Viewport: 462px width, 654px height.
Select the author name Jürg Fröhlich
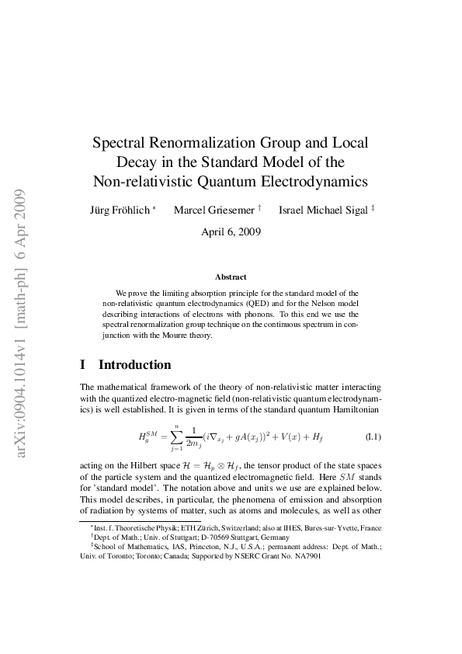click(122, 210)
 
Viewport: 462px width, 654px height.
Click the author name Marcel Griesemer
click(212, 210)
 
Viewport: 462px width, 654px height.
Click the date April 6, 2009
click(231, 231)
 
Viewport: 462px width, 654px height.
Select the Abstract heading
click(231, 277)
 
